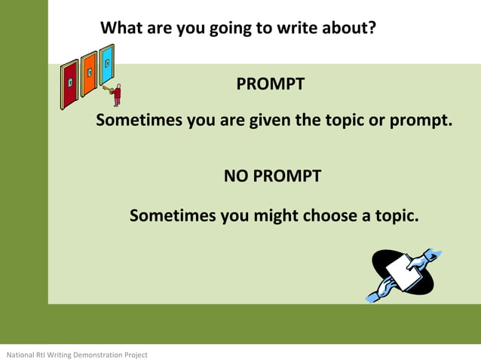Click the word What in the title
[x=123, y=29]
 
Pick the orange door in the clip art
[x=89, y=74]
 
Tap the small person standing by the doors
[x=117, y=95]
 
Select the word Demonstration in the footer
[x=96, y=355]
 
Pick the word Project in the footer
[x=136, y=355]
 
